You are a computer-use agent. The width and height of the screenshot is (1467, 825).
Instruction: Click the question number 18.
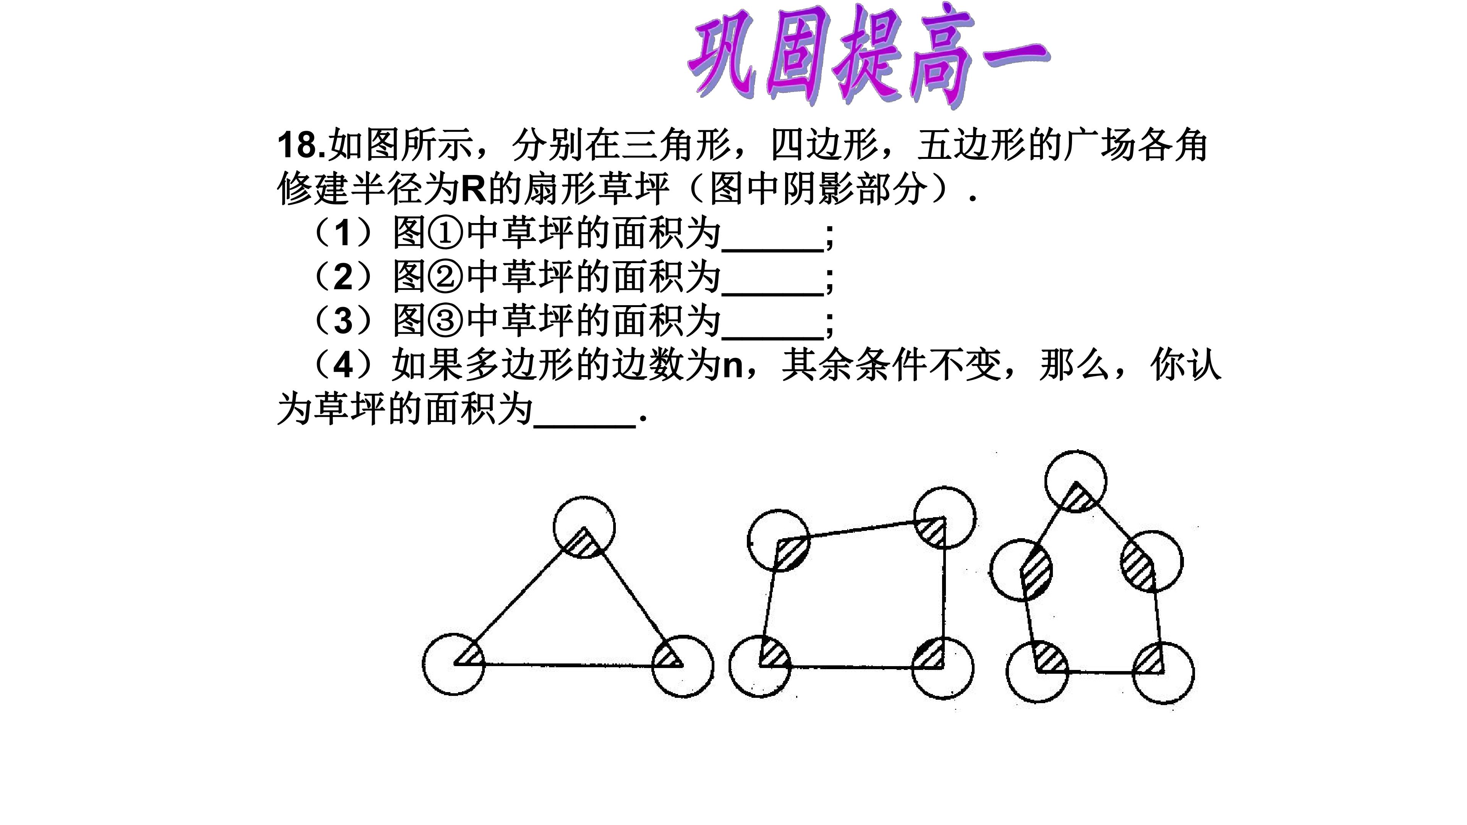coord(302,145)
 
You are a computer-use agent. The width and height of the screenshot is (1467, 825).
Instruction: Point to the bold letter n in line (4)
coord(733,367)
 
